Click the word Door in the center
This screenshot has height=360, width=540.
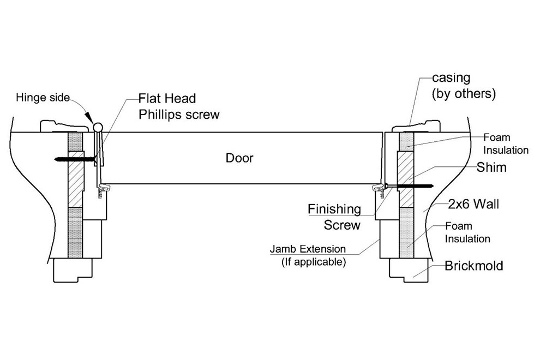point(239,158)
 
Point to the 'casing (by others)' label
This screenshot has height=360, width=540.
point(463,87)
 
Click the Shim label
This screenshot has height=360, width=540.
point(491,167)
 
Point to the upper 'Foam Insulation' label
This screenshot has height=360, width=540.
point(506,144)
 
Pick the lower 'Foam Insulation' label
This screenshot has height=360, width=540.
point(467,232)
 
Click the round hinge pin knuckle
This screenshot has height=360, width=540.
point(98,127)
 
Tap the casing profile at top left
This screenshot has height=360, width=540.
point(60,126)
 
